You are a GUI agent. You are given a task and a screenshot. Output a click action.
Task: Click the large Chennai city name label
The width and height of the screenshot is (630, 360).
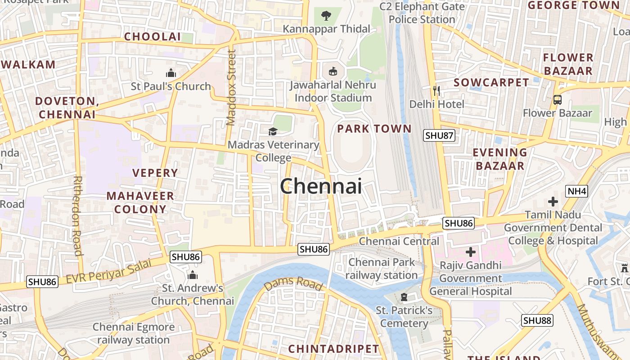click(x=321, y=186)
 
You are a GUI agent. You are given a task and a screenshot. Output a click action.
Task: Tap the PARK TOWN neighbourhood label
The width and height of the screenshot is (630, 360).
click(x=374, y=129)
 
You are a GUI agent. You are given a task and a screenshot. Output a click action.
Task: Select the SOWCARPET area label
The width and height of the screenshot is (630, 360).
click(x=491, y=83)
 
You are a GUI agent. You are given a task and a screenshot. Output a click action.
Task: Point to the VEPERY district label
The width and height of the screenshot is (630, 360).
click(x=155, y=173)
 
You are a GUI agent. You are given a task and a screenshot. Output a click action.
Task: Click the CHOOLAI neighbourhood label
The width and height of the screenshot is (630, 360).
click(x=152, y=37)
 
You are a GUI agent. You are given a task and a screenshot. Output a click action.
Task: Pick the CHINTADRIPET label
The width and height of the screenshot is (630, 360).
click(x=333, y=349)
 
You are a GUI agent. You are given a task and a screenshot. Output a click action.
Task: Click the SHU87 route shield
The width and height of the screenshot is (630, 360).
click(x=440, y=135)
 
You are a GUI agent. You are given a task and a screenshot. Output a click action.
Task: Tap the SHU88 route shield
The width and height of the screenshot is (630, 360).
click(x=537, y=320)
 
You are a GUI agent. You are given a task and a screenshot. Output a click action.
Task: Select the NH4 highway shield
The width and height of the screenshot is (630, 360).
click(x=577, y=192)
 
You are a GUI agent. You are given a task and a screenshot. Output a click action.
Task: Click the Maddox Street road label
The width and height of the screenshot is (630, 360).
click(x=231, y=88)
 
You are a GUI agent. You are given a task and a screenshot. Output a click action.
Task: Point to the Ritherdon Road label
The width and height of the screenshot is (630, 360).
click(x=77, y=216)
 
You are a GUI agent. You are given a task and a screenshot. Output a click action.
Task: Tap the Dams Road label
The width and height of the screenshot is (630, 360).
click(x=293, y=284)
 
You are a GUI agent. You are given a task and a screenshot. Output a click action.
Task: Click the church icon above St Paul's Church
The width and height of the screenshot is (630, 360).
click(x=171, y=73)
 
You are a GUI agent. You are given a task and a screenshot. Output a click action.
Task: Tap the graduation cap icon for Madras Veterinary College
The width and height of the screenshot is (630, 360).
click(x=273, y=131)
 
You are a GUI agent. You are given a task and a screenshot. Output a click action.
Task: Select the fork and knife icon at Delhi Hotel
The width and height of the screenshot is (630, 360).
click(x=436, y=91)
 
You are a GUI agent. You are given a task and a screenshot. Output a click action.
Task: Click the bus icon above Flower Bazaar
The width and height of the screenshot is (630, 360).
click(x=558, y=99)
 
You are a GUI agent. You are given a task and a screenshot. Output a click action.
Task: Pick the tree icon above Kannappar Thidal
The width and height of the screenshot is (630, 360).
click(x=326, y=16)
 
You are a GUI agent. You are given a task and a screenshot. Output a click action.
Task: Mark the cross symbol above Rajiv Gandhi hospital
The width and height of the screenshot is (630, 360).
click(x=471, y=252)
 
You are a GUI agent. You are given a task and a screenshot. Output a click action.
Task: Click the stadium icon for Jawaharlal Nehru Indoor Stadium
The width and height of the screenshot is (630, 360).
click(x=333, y=71)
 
